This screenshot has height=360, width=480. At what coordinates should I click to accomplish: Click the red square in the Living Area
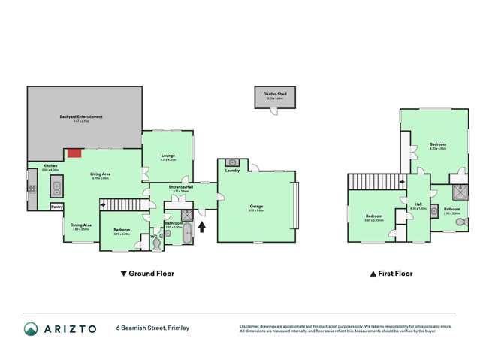point(74,153)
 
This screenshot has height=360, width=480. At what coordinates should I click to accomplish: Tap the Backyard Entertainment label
point(81,116)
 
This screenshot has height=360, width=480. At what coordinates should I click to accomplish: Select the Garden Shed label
point(276,94)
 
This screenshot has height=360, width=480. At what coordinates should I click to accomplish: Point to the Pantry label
point(56,207)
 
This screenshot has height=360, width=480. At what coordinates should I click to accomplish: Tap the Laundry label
point(231,171)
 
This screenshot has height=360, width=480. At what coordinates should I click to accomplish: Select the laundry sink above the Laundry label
point(232,162)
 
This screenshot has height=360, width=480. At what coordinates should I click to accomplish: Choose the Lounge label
point(168,156)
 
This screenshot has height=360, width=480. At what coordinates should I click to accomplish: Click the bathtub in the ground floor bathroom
point(187,234)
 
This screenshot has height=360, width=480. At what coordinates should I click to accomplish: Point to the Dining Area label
point(81,224)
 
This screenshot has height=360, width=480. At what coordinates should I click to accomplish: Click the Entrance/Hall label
point(180,187)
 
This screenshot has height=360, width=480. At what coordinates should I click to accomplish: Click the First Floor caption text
point(394,274)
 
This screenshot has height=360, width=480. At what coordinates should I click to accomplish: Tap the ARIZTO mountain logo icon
point(31,328)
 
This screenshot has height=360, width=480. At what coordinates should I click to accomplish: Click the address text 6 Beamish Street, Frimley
point(152,328)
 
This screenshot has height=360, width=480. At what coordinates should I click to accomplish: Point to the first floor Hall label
point(417,203)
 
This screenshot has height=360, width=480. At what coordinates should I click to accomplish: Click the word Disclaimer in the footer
point(249,326)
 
